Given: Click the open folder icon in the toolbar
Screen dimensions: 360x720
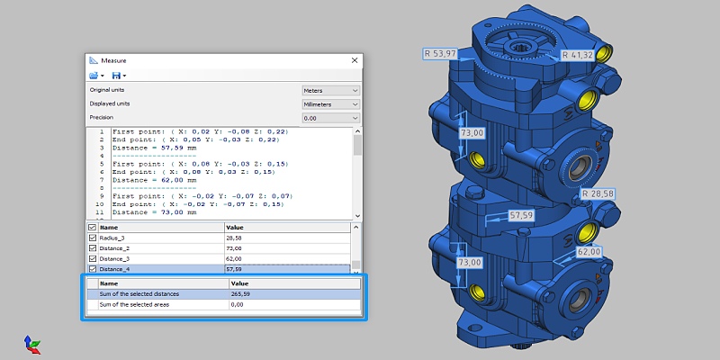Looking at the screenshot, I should [x=94, y=76].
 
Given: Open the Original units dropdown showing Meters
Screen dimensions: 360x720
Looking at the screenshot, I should [x=330, y=91].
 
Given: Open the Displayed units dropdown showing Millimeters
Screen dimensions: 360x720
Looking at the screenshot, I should [x=330, y=104].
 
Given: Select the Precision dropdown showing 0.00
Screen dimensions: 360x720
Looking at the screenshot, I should [x=330, y=118].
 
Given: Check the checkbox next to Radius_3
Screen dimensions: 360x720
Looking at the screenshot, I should [x=92, y=238].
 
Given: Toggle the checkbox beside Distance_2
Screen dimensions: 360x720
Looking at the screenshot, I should [x=92, y=247].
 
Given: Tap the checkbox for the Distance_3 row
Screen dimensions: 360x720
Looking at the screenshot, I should [x=92, y=258].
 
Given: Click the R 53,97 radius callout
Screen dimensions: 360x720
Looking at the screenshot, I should [x=442, y=54].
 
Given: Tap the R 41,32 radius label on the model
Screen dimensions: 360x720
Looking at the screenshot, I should [x=577, y=55].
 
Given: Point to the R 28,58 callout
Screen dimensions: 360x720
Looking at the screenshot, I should [x=597, y=193].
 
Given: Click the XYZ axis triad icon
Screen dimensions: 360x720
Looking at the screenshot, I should [x=31, y=343].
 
